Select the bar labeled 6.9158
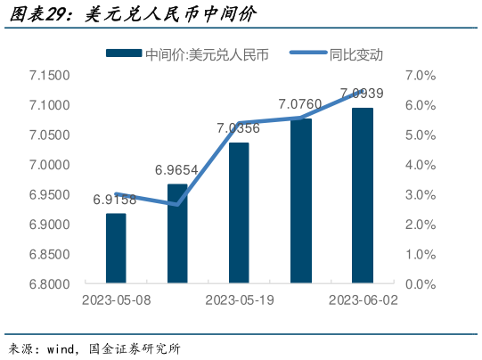click(x=116, y=249)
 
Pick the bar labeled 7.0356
click(x=239, y=213)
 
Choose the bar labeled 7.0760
click(x=301, y=201)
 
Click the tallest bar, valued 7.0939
click(x=363, y=196)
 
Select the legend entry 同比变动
click(x=355, y=54)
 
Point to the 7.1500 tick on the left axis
click(x=50, y=76)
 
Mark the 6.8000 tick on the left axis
click(x=50, y=284)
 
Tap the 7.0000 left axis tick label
click(x=50, y=165)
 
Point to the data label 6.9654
click(x=176, y=169)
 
